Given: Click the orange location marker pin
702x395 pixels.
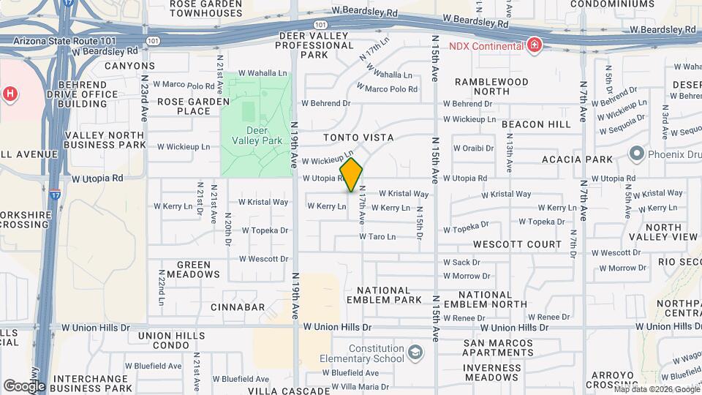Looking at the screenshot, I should pyautogui.click(x=351, y=174).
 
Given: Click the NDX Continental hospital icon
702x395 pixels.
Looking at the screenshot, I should pyautogui.click(x=535, y=46).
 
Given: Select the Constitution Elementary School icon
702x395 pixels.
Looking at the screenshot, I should pyautogui.click(x=415, y=353).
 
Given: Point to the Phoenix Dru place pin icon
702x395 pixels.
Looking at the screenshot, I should pyautogui.click(x=636, y=154).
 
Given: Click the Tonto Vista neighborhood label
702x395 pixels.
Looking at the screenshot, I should pyautogui.click(x=358, y=138).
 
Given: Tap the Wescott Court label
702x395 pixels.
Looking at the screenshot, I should pyautogui.click(x=517, y=244).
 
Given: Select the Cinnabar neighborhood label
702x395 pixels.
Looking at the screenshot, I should pyautogui.click(x=238, y=307).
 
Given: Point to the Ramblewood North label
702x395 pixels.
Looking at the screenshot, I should pyautogui.click(x=491, y=86).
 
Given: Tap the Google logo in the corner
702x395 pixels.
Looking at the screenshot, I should pyautogui.click(x=24, y=385).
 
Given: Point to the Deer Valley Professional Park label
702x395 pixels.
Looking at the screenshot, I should pyautogui.click(x=314, y=45).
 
